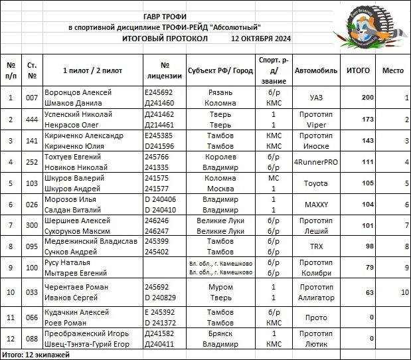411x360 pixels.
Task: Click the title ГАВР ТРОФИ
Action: click(x=167, y=16)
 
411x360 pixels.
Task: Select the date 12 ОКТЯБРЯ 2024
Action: click(x=261, y=39)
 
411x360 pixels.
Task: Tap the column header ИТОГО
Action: click(x=359, y=70)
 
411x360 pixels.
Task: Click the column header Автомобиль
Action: click(x=316, y=70)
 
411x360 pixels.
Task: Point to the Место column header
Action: click(x=393, y=70)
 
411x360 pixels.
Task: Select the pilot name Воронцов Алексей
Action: click(x=77, y=92)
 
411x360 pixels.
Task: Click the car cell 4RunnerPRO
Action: click(x=316, y=162)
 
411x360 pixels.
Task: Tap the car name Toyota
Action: click(x=316, y=183)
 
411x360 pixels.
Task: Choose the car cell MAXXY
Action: click(x=316, y=205)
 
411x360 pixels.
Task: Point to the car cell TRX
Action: click(x=316, y=246)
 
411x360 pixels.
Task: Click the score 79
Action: click(x=369, y=268)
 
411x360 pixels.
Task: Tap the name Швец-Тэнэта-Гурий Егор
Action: click(x=86, y=344)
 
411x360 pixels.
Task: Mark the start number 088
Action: click(x=32, y=339)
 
